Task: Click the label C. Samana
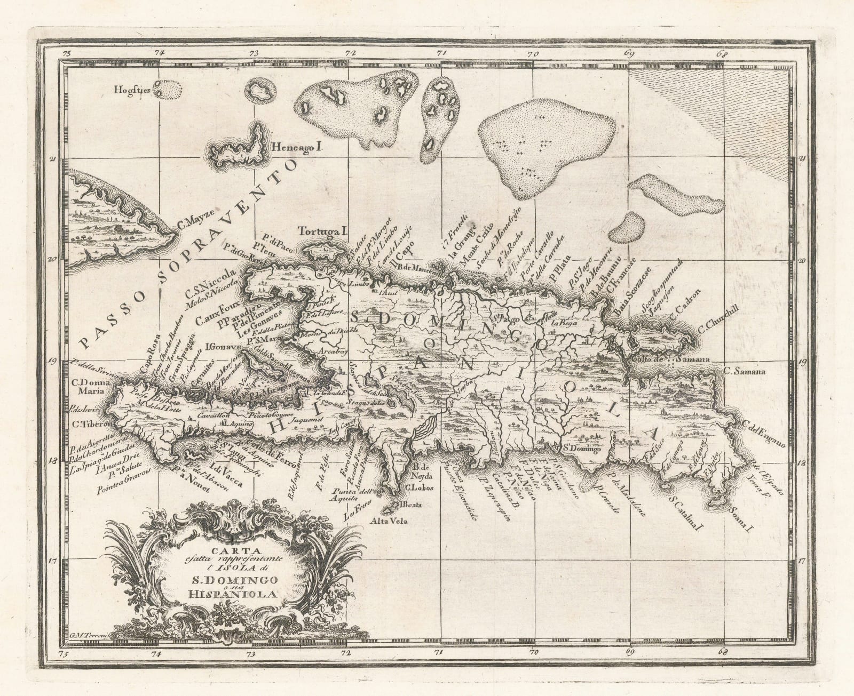(745, 371)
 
